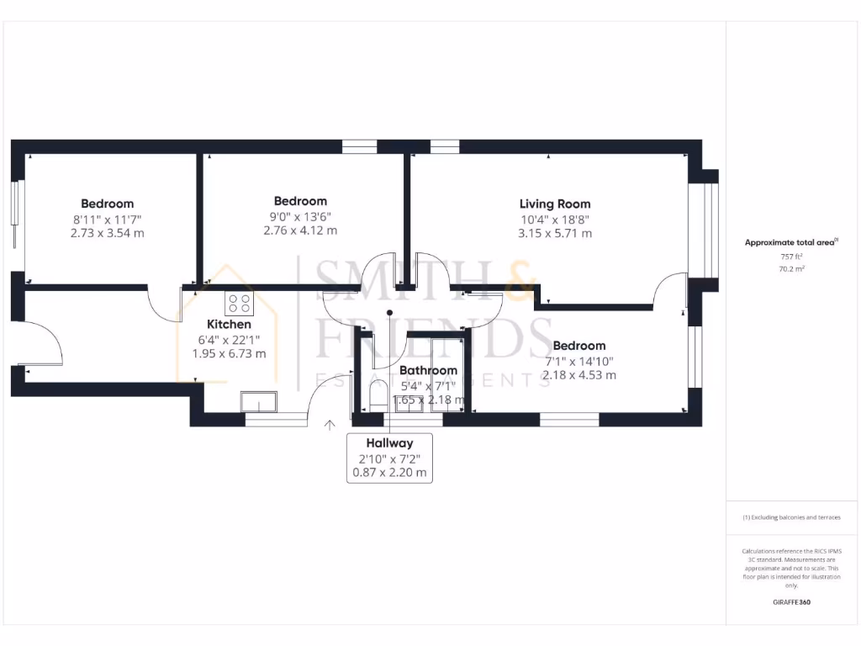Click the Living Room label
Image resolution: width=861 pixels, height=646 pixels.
pos(554,204)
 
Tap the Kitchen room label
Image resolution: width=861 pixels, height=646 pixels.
pos(229,324)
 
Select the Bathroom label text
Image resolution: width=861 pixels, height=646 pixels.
pos(428,370)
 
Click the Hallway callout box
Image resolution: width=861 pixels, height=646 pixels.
pos(389,458)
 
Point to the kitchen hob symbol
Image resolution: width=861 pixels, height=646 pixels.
pos(238,303)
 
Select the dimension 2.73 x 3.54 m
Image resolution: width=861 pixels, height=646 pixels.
pos(108,233)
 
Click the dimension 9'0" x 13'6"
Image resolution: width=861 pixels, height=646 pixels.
pos(300,216)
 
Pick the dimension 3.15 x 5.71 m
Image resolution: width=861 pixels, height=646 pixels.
pos(555,233)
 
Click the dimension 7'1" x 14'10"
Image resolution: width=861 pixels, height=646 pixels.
pos(579,361)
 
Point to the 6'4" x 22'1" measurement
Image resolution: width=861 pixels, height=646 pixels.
pos(229,339)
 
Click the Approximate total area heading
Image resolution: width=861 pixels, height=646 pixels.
pos(790,242)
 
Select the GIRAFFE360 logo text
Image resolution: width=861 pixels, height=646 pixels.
pos(790,602)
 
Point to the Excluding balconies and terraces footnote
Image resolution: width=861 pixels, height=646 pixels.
pos(790,517)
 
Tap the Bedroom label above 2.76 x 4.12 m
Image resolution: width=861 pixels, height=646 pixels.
pos(300,201)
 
